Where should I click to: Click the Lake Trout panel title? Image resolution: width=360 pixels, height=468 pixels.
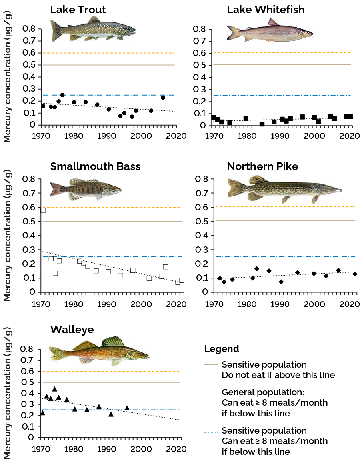(78, 10)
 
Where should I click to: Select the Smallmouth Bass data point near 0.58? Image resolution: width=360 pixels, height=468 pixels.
(43, 210)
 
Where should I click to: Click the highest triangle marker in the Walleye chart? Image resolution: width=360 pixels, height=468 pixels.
(55, 389)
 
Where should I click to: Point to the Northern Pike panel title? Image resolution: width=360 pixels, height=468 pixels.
(262, 166)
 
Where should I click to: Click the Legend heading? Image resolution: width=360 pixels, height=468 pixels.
(221, 349)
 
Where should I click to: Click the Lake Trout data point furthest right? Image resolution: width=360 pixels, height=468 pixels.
(163, 97)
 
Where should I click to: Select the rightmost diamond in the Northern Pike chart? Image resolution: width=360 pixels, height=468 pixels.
(354, 274)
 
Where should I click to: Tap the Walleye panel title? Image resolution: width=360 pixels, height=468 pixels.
(72, 330)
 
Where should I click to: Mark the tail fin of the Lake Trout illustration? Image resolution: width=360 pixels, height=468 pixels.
(56, 30)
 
